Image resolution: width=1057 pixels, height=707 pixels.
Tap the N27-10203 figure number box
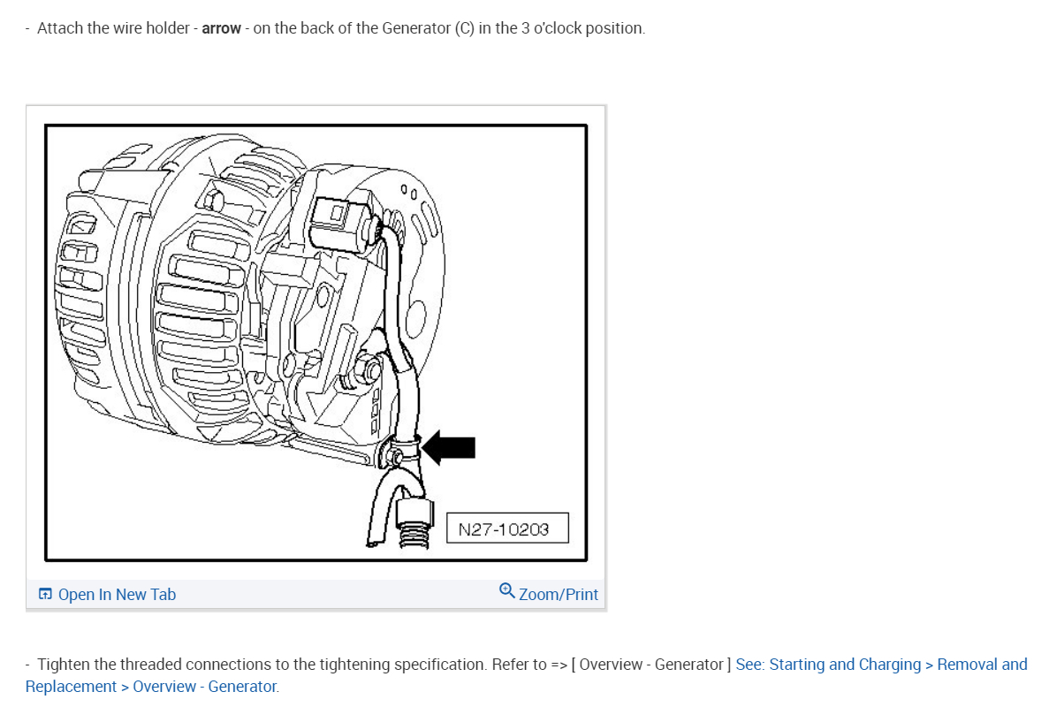tap(506, 528)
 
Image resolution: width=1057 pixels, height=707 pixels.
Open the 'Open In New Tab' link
tap(117, 595)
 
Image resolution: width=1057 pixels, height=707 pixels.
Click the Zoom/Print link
tap(559, 595)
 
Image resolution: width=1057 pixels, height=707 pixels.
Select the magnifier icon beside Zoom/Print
tap(506, 590)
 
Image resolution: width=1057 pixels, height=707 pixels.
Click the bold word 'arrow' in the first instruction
tap(221, 28)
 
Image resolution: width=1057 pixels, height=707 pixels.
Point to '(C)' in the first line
tap(464, 28)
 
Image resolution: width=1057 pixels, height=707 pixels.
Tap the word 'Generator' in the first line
tap(416, 28)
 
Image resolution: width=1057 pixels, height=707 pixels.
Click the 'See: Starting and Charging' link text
tap(827, 665)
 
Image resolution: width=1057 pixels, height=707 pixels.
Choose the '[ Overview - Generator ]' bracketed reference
tap(651, 665)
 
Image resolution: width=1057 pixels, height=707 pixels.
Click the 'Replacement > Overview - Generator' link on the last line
tap(151, 687)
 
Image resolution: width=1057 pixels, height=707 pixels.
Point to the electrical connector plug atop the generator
tap(340, 217)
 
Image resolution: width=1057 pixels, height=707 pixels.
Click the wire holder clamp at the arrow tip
tap(402, 448)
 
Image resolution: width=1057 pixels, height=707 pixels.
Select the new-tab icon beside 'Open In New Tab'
tap(45, 595)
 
